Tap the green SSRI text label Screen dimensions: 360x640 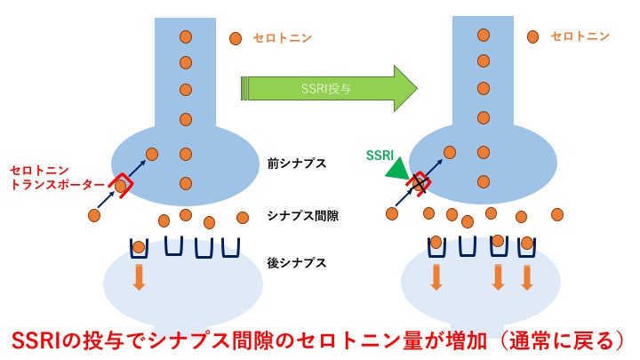point(381,154)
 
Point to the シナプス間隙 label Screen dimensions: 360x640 point(296,215)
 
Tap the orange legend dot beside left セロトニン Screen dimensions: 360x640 point(236,38)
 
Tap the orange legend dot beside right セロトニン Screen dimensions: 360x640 point(533,36)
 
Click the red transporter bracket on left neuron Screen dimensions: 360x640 point(124,184)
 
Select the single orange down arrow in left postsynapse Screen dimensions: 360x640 point(139,278)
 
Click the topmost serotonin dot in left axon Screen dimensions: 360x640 point(186,36)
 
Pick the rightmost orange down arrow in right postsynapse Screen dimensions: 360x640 point(527,277)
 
